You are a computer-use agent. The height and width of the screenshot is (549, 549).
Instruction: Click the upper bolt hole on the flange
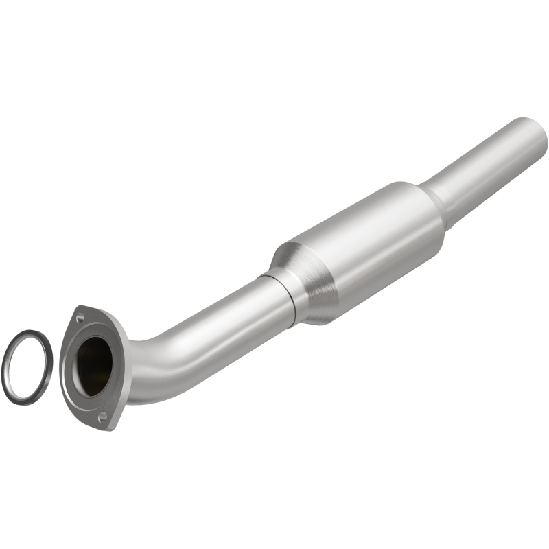pos(80,316)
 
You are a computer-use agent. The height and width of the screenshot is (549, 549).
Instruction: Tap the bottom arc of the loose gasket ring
pos(25,399)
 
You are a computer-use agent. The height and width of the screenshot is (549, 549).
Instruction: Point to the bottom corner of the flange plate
pos(106,427)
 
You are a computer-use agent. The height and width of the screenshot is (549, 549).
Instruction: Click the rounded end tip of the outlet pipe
pos(539,137)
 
